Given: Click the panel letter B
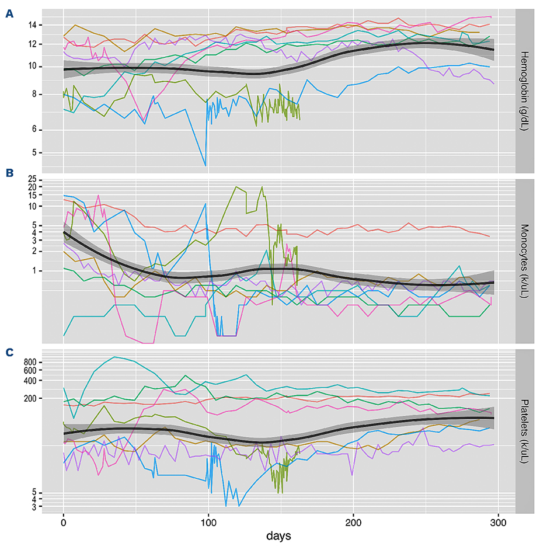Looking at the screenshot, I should (x=9, y=173).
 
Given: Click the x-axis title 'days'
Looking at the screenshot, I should (x=281, y=535).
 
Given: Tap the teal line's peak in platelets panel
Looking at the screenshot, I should (x=114, y=357).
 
